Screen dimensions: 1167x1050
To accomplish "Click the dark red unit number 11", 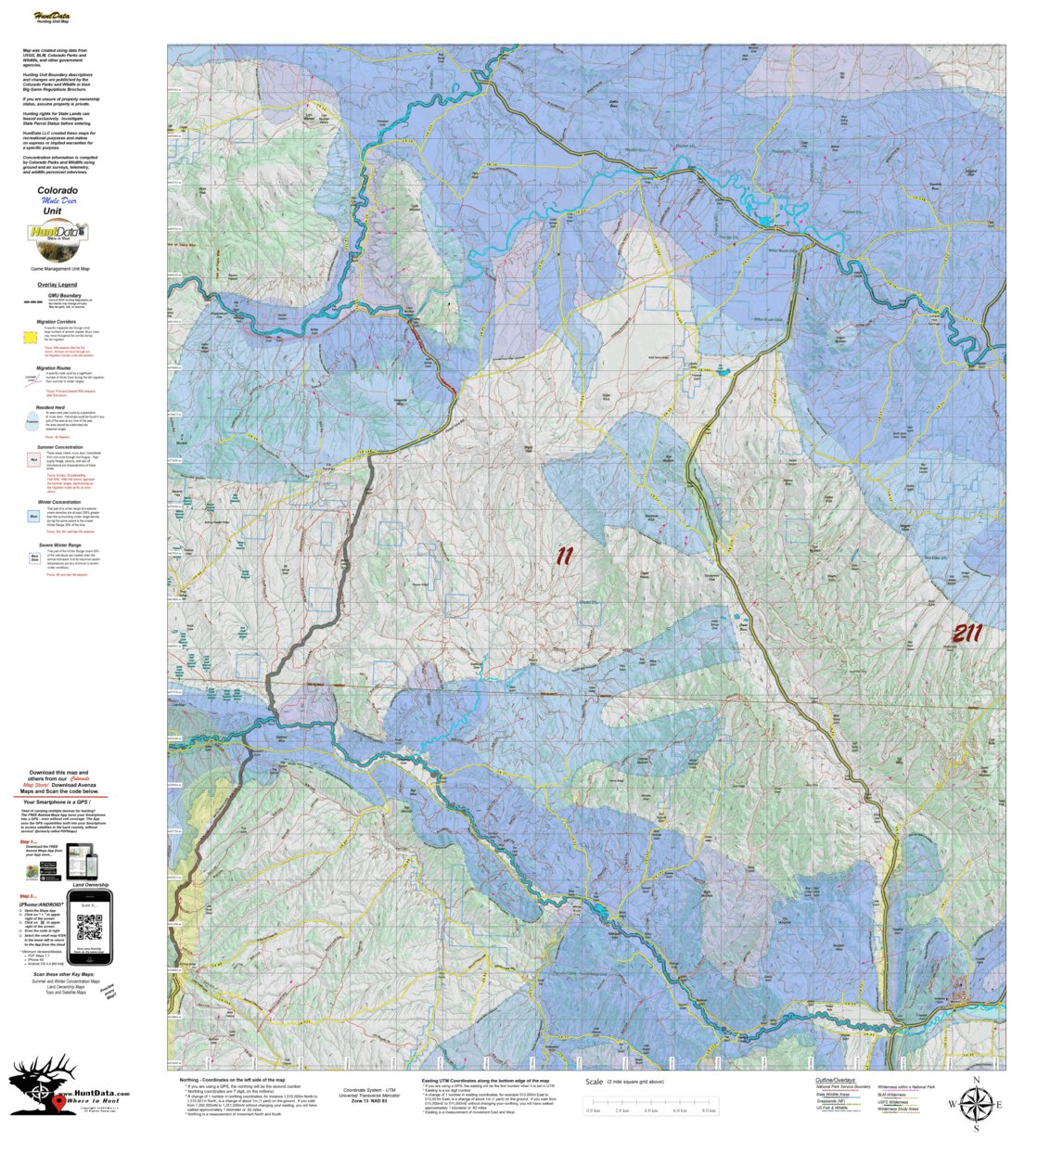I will click(x=565, y=557).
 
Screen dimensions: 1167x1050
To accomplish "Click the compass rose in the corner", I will click(x=976, y=1104).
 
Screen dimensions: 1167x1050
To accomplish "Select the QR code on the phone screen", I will click(x=89, y=927).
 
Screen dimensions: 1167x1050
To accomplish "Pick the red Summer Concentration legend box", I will click(x=33, y=459).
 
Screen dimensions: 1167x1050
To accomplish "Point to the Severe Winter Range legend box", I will click(x=33, y=559).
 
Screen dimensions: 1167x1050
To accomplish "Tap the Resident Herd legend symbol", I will click(x=32, y=422).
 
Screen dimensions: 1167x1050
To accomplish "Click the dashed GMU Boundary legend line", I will click(x=33, y=302).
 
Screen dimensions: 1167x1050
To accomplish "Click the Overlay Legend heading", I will click(x=58, y=285).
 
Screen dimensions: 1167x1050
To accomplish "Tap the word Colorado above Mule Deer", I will click(x=58, y=190).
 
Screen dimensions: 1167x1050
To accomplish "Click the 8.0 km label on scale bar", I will click(x=709, y=1110).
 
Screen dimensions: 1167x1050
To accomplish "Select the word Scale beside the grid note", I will click(x=595, y=1082).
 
